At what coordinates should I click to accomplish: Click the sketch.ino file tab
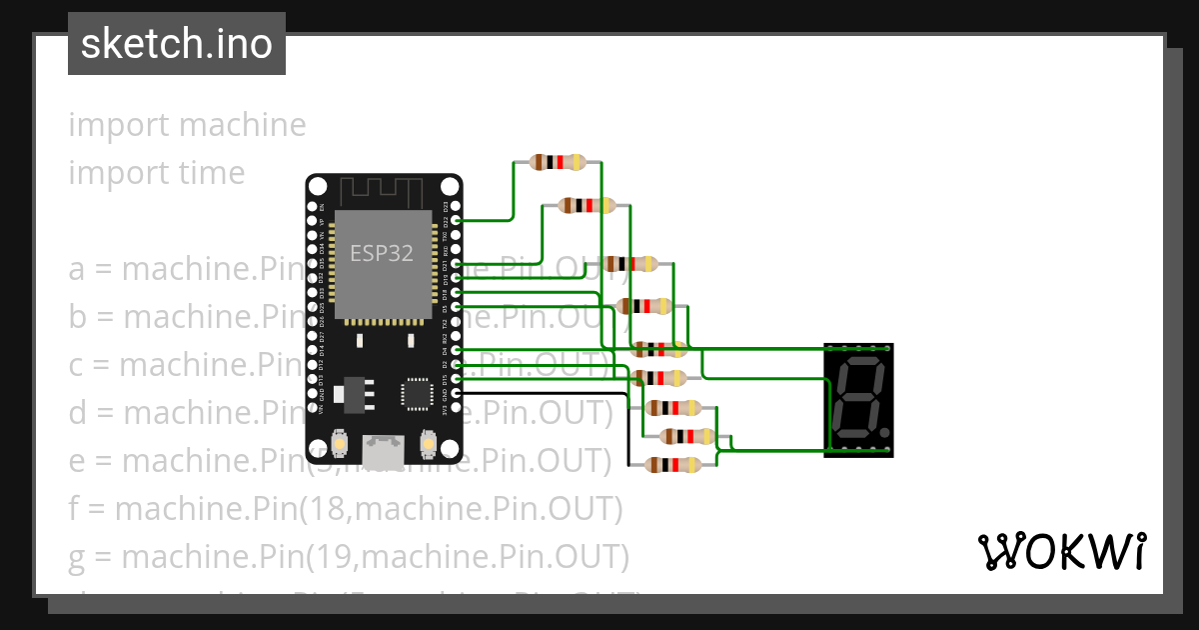(177, 44)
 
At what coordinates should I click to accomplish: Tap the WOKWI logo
(1061, 551)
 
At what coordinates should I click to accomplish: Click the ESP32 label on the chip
(381, 253)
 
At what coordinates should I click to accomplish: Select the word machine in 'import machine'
(243, 125)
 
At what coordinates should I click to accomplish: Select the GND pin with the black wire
(457, 394)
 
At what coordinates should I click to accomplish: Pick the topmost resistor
(558, 162)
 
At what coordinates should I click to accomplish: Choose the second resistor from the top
(587, 206)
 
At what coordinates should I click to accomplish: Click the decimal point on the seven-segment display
(884, 434)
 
